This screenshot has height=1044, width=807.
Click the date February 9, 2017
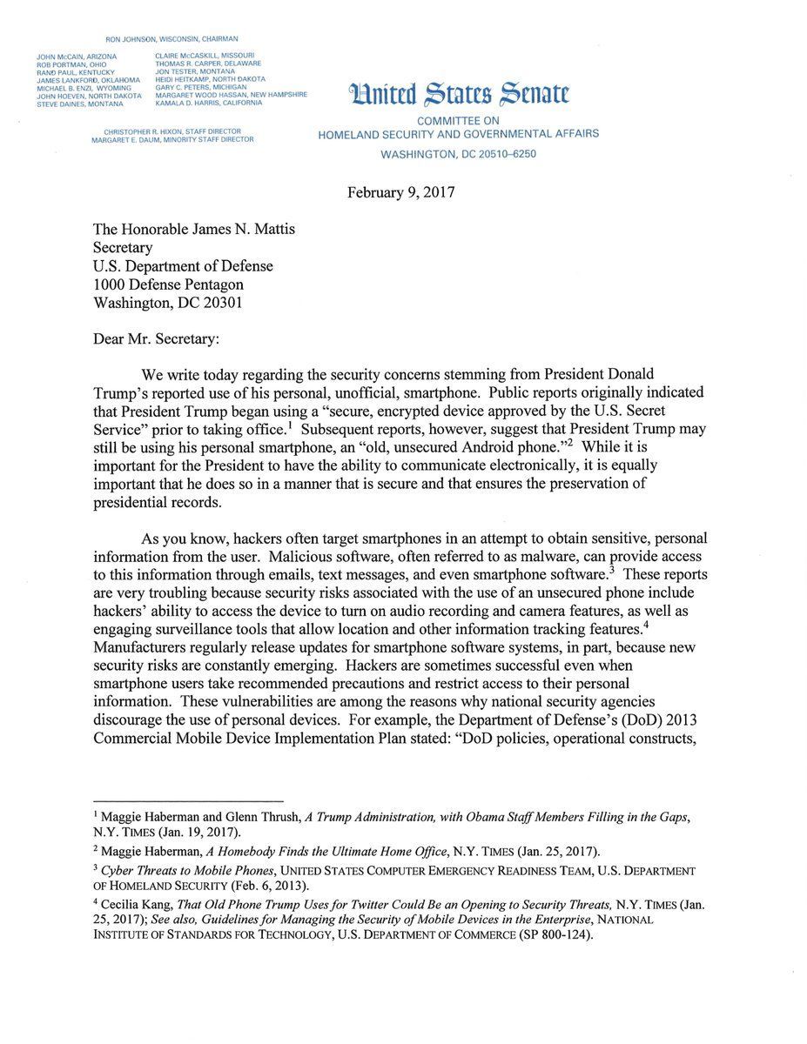pyautogui.click(x=400, y=192)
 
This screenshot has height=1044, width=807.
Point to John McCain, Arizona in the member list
pyautogui.click(x=77, y=57)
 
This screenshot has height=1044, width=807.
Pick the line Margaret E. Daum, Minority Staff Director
pyautogui.click(x=172, y=139)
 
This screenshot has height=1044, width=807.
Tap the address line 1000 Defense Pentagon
pyautogui.click(x=168, y=284)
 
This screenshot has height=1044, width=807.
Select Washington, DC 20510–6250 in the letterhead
pyautogui.click(x=458, y=154)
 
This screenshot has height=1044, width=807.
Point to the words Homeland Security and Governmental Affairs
pyautogui.click(x=458, y=134)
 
